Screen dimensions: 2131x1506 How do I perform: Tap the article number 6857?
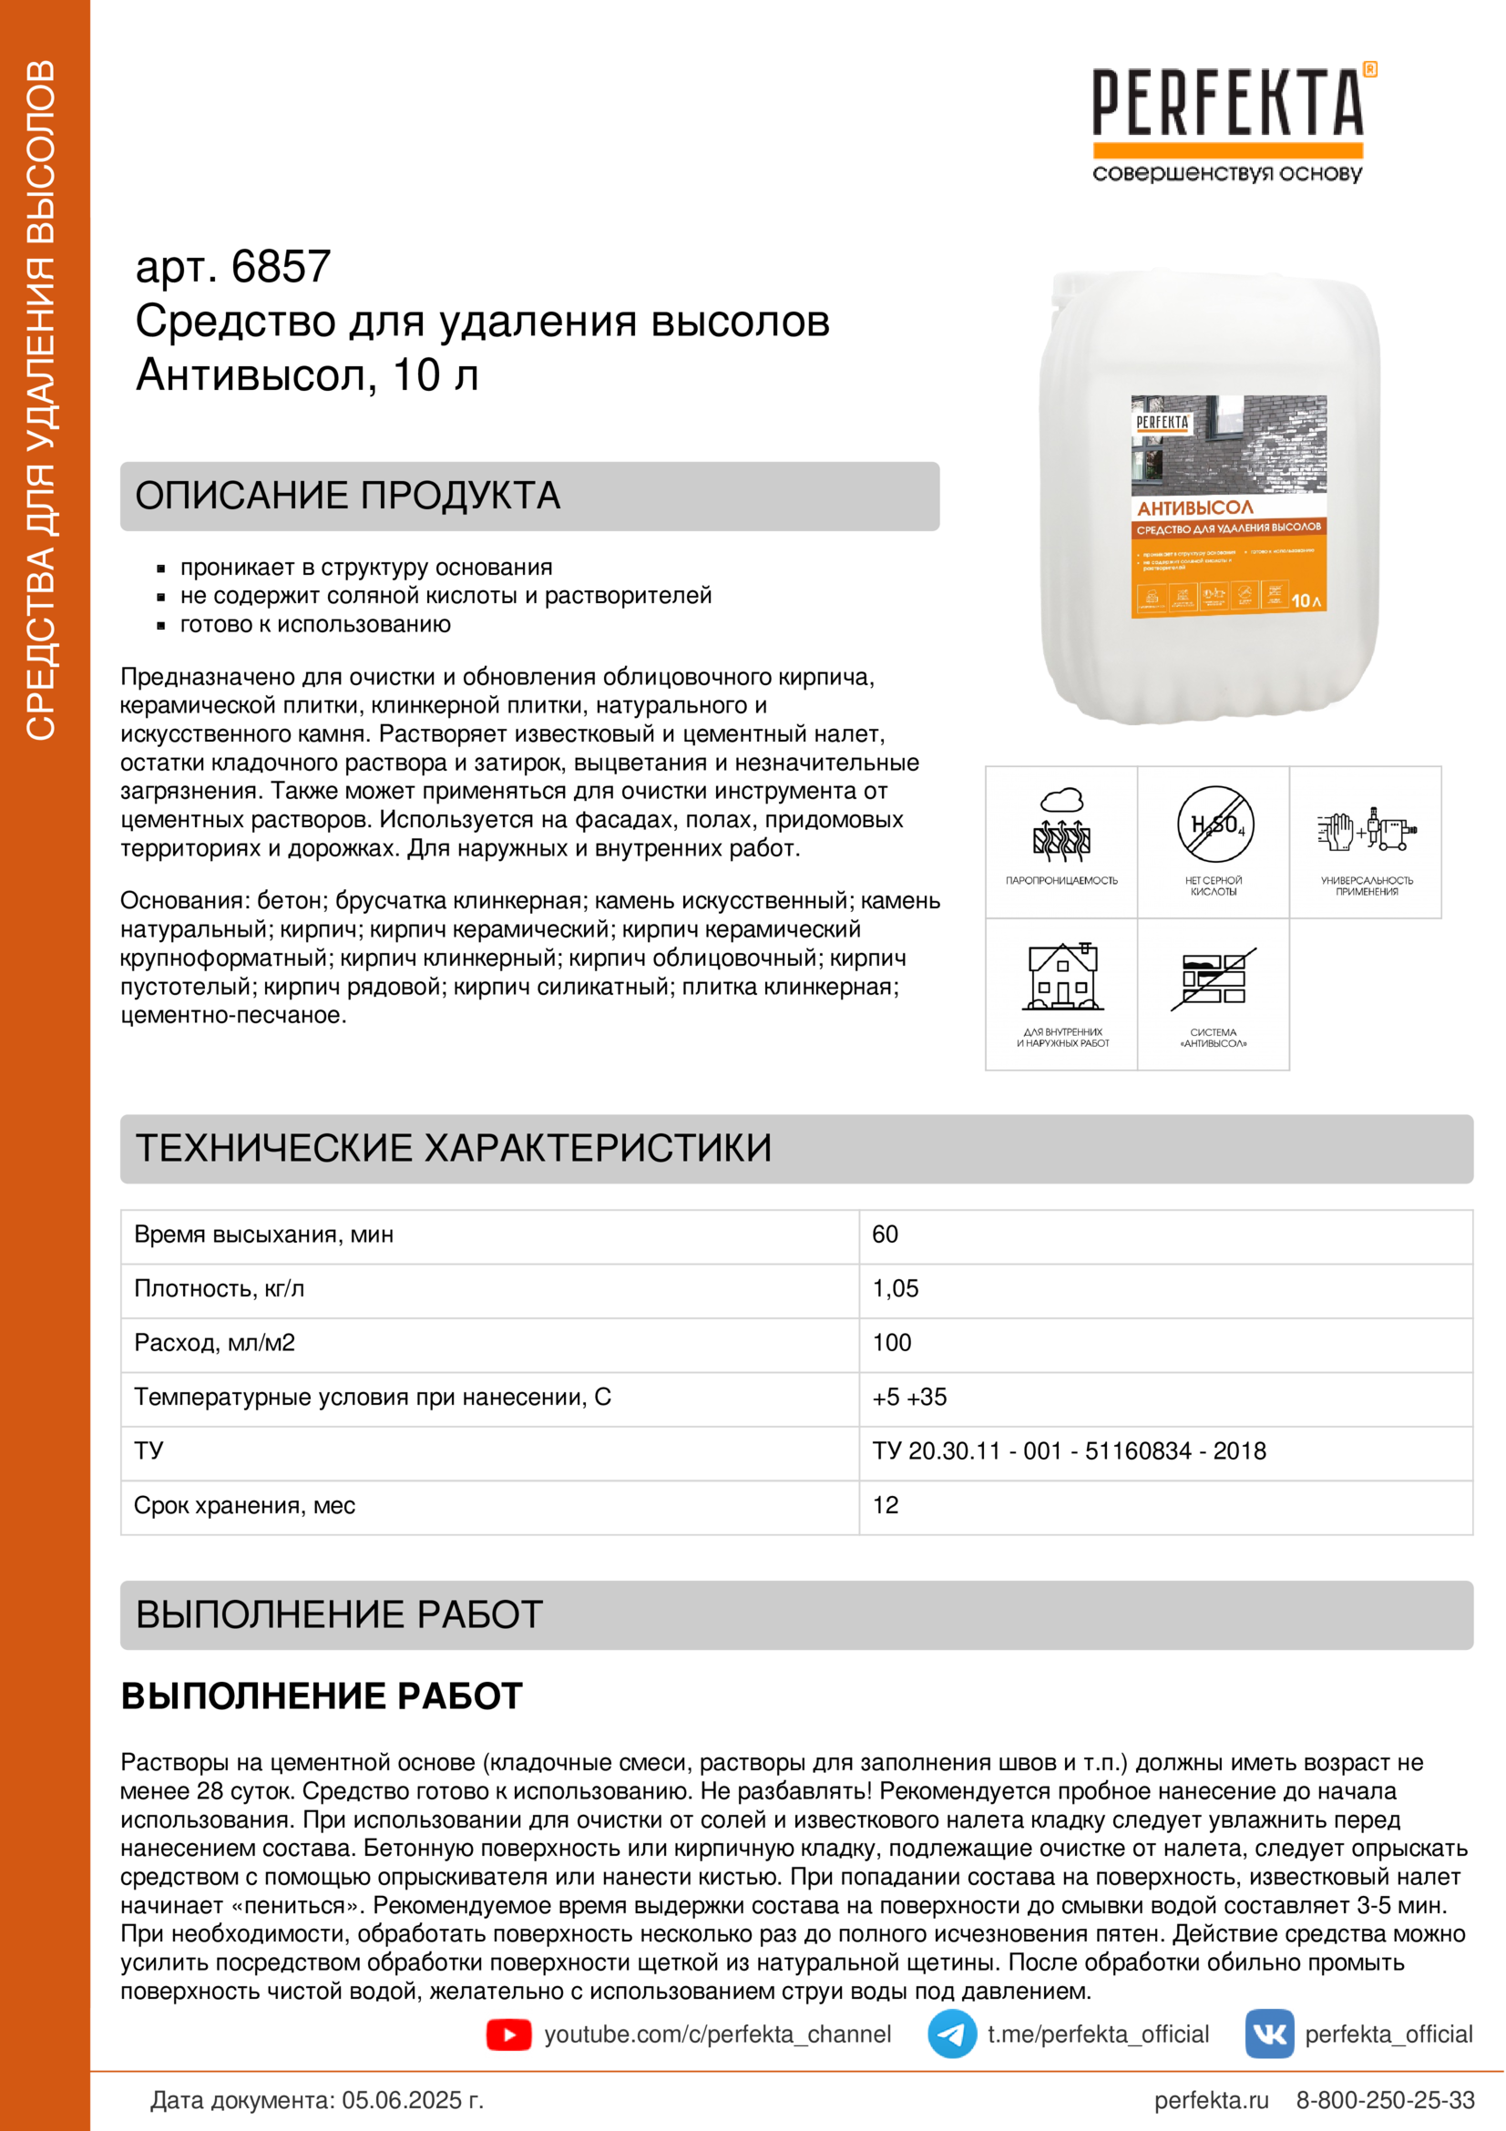pyautogui.click(x=281, y=267)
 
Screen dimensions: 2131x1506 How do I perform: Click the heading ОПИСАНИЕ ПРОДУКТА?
pyautogui.click(x=348, y=496)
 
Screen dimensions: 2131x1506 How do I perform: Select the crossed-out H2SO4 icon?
pyautogui.click(x=1214, y=825)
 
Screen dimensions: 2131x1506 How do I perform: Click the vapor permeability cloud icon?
pyautogui.click(x=1061, y=825)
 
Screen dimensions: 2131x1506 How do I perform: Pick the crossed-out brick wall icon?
pyautogui.click(x=1214, y=978)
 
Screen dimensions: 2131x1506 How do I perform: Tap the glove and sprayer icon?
pyautogui.click(x=1366, y=829)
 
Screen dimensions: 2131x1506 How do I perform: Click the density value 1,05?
pyautogui.click(x=896, y=1288)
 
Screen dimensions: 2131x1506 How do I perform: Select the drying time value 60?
pyautogui.click(x=886, y=1235)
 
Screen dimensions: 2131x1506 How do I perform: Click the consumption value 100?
pyautogui.click(x=892, y=1342)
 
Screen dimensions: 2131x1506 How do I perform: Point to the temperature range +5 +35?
pyautogui.click(x=909, y=1397)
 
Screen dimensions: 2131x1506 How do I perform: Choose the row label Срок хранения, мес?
pyautogui.click(x=245, y=1505)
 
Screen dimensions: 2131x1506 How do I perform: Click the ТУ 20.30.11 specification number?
pyautogui.click(x=1069, y=1450)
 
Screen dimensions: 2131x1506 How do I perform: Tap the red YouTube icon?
pyautogui.click(x=508, y=2034)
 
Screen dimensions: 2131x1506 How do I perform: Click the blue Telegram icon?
pyautogui.click(x=951, y=2034)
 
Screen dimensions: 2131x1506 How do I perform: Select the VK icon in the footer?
pyautogui.click(x=1269, y=2034)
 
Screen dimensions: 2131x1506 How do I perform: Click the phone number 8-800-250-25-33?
pyautogui.click(x=1385, y=2100)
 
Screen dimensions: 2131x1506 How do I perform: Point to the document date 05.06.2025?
pyautogui.click(x=412, y=2100)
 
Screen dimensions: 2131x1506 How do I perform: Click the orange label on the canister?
pyautogui.click(x=1228, y=507)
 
